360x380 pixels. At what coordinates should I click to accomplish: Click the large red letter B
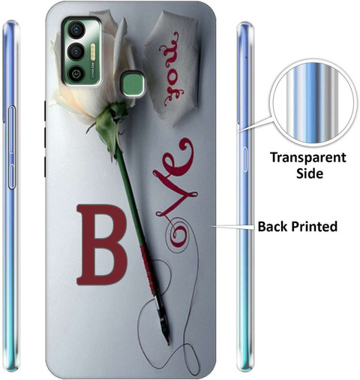101,245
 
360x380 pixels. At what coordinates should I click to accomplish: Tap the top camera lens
75,30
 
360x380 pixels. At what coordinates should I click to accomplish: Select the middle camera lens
75,52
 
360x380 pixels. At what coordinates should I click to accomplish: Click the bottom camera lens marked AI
75,74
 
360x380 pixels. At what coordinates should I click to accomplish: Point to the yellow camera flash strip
93,52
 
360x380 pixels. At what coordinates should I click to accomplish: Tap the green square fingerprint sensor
133,84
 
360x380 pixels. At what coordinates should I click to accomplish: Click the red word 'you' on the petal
172,69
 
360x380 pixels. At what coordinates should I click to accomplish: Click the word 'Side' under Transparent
310,173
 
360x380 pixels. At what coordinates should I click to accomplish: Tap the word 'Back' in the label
273,226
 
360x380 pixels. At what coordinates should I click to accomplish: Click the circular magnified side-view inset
313,103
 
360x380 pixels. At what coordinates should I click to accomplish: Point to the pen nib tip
168,342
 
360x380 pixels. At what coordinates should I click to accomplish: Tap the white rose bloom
90,73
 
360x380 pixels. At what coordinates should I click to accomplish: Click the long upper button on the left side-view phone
12,129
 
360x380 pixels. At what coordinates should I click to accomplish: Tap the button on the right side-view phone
245,160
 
